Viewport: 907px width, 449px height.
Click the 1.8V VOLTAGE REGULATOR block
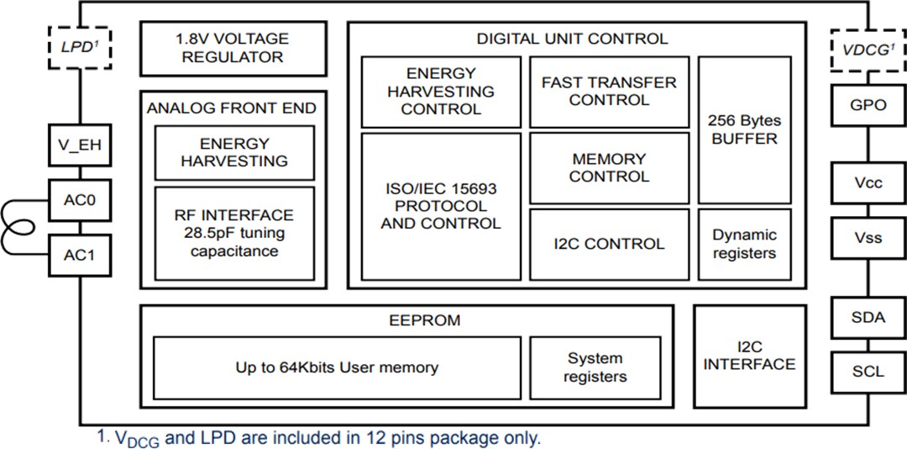tap(233, 49)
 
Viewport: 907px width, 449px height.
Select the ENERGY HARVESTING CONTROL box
tap(441, 92)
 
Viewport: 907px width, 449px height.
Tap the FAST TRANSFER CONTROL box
tap(609, 92)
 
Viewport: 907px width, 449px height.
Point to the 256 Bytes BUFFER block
tap(744, 129)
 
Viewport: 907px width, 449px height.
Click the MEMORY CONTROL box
tap(609, 168)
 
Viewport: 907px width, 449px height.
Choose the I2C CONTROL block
tap(609, 244)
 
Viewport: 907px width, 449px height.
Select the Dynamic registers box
tap(744, 244)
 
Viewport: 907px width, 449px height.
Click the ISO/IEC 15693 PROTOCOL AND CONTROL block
tap(441, 206)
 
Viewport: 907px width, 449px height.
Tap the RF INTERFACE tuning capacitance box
tap(234, 233)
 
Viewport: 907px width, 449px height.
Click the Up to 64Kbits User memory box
tap(337, 367)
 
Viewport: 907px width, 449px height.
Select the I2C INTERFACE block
tap(749, 356)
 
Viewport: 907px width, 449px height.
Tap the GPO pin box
tap(868, 105)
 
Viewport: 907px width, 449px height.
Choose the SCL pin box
tap(868, 371)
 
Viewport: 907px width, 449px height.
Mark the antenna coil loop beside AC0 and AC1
tap(18, 225)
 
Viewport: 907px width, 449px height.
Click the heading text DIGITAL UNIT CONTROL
tap(572, 39)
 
